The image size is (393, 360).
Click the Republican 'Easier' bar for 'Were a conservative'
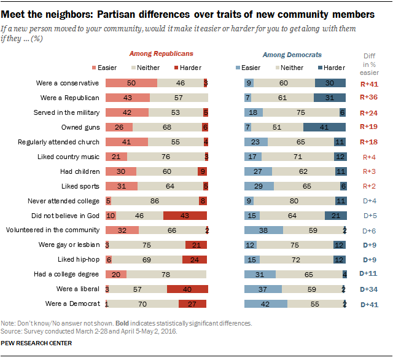click(131, 83)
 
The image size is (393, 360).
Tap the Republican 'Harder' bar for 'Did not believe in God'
click(185, 216)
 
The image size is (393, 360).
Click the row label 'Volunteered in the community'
click(53, 230)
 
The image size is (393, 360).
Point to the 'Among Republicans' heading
click(157, 55)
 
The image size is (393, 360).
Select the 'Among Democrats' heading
click(292, 55)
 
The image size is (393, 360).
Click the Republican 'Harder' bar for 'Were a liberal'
click(187, 289)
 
